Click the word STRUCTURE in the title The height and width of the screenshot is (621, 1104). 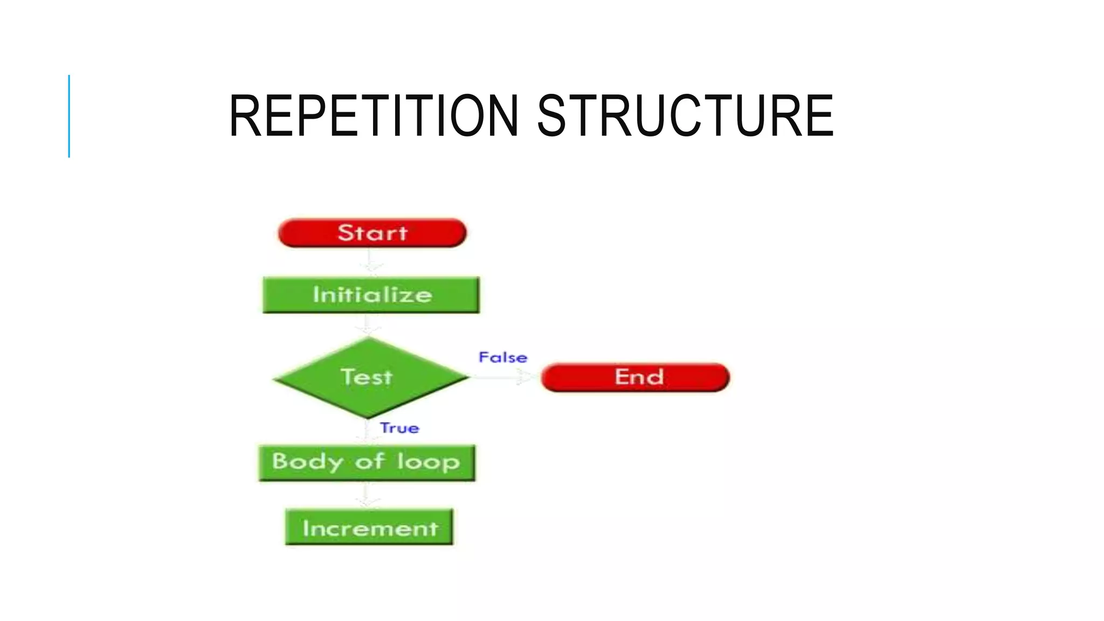pyautogui.click(x=685, y=116)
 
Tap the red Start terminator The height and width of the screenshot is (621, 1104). pyautogui.click(x=372, y=233)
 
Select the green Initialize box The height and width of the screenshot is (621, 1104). pyautogui.click(x=371, y=295)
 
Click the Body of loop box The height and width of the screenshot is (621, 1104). pyautogui.click(x=367, y=463)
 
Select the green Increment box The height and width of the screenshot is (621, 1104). pyautogui.click(x=369, y=527)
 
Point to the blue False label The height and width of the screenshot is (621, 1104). pyautogui.click(x=502, y=357)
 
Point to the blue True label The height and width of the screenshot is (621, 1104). pyautogui.click(x=399, y=428)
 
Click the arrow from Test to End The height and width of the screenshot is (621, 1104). pyautogui.click(x=504, y=377)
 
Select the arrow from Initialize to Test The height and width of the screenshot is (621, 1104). pyautogui.click(x=367, y=325)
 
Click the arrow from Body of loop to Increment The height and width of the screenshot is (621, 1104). pyautogui.click(x=367, y=495)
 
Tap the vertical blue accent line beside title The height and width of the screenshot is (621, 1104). pyautogui.click(x=69, y=116)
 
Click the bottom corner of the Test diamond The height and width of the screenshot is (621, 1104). pyautogui.click(x=368, y=417)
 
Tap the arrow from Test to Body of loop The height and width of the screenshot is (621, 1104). pyautogui.click(x=367, y=432)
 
